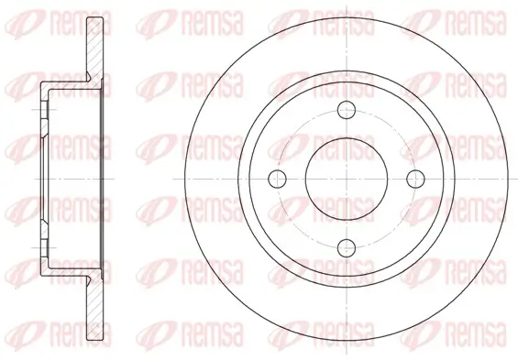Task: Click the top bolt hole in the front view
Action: (x=347, y=109)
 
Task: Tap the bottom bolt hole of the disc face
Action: (x=347, y=247)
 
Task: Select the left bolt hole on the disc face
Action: (x=277, y=179)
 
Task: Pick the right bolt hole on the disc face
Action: (x=415, y=179)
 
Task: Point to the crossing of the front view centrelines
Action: (x=347, y=179)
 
